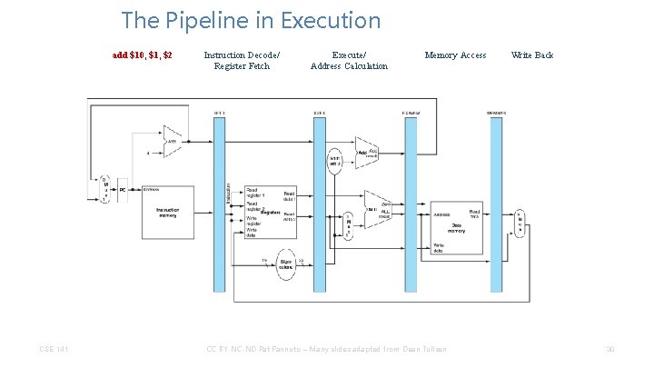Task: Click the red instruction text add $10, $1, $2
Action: tap(142, 55)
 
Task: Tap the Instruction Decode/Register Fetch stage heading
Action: tap(242, 60)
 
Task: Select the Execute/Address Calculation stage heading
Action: tap(349, 60)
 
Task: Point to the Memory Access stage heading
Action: tap(455, 55)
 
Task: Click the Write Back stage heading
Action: tap(532, 55)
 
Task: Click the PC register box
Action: tap(123, 190)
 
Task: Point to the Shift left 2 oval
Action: tap(335, 161)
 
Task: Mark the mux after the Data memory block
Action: tap(520, 219)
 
